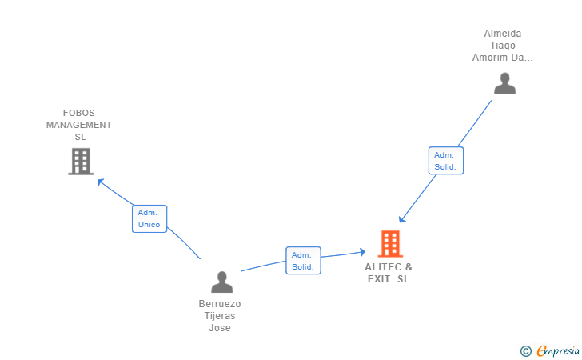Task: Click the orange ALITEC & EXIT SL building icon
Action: click(389, 244)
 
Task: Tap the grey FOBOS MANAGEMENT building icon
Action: click(80, 162)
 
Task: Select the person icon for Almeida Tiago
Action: click(504, 84)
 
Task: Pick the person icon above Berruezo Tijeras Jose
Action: click(221, 282)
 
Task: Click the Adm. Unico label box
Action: click(149, 218)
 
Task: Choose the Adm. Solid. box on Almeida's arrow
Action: click(445, 161)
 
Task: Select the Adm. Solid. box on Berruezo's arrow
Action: click(303, 261)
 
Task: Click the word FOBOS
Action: click(79, 113)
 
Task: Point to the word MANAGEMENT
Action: click(79, 125)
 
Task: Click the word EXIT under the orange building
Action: click(378, 279)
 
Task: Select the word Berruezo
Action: click(220, 304)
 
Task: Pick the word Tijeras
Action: click(220, 316)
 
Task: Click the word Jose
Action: click(220, 328)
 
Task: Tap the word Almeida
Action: click(503, 34)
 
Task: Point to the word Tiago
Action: click(503, 46)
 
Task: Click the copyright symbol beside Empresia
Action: click(525, 350)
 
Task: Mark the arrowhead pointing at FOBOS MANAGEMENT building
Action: click(100, 181)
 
